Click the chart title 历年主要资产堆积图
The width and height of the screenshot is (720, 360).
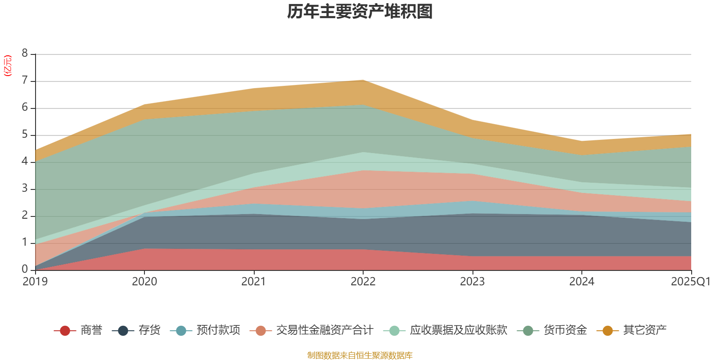click(x=360, y=12)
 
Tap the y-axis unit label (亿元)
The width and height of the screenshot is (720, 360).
click(x=8, y=66)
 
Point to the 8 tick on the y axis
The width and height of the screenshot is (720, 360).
click(x=25, y=54)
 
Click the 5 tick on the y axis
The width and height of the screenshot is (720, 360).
click(x=25, y=135)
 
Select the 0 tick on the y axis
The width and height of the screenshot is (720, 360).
click(x=25, y=269)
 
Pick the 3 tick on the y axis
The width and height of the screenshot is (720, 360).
click(x=25, y=189)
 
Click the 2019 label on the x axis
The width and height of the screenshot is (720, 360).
click(x=35, y=282)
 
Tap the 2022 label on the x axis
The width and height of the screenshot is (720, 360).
click(x=363, y=282)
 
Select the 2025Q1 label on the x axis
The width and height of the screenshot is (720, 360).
click(x=690, y=282)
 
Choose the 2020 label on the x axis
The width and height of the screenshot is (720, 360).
click(x=144, y=282)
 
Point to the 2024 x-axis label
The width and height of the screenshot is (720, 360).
click(x=581, y=282)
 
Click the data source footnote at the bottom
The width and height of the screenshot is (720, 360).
click(x=360, y=355)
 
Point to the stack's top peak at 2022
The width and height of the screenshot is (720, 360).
click(x=363, y=80)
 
